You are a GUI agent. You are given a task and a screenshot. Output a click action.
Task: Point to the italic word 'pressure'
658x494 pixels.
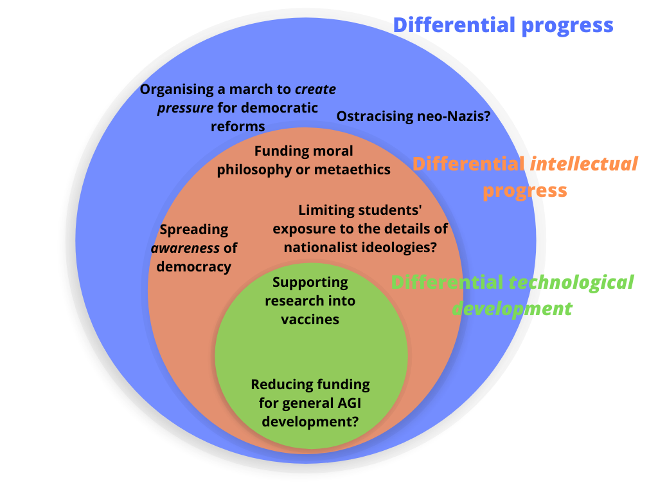click(x=185, y=107)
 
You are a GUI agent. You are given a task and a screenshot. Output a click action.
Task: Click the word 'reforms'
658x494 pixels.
click(x=238, y=126)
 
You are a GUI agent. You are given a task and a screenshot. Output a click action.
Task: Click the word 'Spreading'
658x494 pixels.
click(x=194, y=229)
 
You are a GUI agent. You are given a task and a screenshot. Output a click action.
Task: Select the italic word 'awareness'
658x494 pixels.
click(x=185, y=248)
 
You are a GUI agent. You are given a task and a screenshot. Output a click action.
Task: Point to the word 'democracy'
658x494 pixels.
click(x=194, y=266)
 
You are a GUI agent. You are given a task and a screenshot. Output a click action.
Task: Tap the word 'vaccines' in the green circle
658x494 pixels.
click(x=310, y=319)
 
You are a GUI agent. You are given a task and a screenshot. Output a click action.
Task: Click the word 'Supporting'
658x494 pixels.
click(x=310, y=282)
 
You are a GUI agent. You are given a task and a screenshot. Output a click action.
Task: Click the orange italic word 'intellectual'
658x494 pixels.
click(x=584, y=163)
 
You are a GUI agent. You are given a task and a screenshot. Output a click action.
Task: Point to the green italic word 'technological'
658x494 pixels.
click(x=571, y=282)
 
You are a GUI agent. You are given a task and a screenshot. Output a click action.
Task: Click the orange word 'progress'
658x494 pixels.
click(x=525, y=190)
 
